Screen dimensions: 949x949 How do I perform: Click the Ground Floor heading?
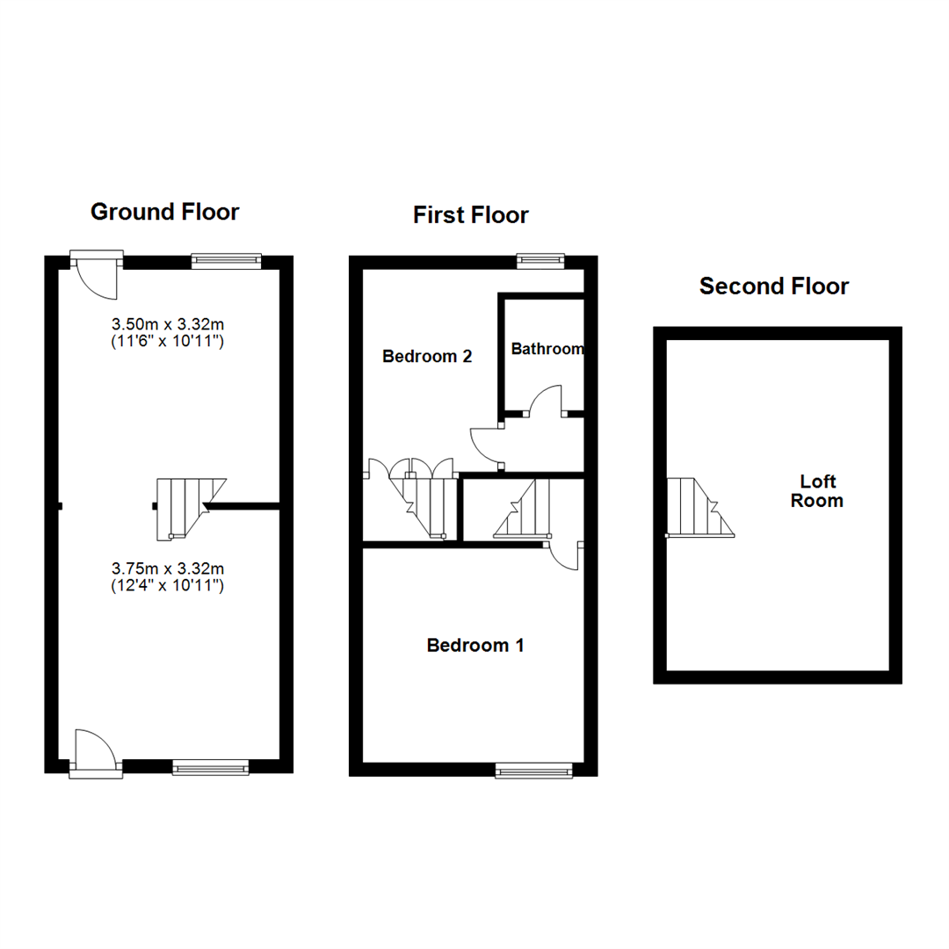pos(164,212)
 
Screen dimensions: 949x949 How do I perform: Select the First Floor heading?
pos(471,215)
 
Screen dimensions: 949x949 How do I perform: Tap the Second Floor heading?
pos(774,286)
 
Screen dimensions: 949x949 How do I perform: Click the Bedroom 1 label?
pos(475,645)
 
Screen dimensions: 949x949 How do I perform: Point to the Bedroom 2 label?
pos(427,357)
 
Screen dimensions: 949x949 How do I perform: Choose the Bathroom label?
pos(547,349)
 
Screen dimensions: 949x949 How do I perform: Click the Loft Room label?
pos(817,491)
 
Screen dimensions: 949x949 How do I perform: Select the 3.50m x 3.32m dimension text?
pos(168,332)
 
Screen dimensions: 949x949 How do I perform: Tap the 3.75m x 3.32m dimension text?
pos(168,576)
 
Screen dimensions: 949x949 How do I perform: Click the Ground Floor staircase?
pos(191,509)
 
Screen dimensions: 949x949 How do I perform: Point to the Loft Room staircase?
pos(700,507)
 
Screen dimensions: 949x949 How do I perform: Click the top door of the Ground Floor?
pos(97,275)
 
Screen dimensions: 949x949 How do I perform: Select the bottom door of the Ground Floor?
pos(96,754)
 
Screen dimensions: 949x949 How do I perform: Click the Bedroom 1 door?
pos(564,557)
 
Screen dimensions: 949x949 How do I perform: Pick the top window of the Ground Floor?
pos(227,261)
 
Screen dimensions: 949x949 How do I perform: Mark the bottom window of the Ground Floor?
pos(211,767)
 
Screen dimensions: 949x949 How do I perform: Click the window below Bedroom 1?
pos(534,771)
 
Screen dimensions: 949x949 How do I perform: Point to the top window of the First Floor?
pos(540,261)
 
